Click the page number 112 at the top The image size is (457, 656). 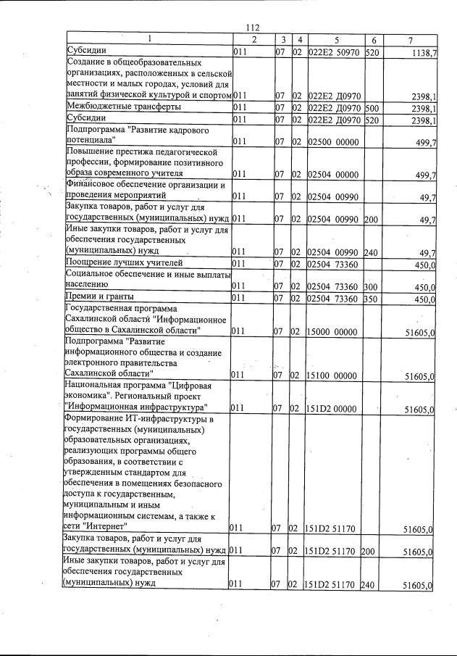253,27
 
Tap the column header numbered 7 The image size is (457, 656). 411,38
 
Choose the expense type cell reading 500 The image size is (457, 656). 373,107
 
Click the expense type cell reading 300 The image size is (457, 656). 373,287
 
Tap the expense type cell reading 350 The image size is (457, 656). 373,298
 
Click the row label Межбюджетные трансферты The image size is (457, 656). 121,107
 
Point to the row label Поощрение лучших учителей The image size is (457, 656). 124,262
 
